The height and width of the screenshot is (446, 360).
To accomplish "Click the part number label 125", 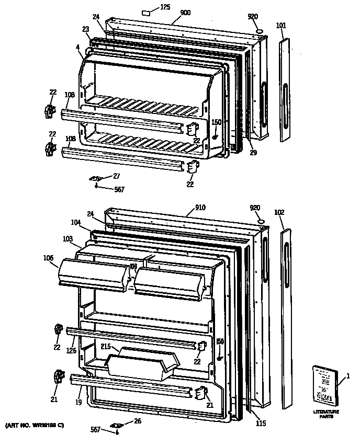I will (x=165, y=7).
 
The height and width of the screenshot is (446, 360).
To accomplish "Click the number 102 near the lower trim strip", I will (x=279, y=212).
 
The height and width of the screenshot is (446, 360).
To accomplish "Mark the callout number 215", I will (x=106, y=347).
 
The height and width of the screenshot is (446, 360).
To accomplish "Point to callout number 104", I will (x=77, y=222).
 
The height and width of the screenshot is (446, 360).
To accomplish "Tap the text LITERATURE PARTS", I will (x=326, y=414).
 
